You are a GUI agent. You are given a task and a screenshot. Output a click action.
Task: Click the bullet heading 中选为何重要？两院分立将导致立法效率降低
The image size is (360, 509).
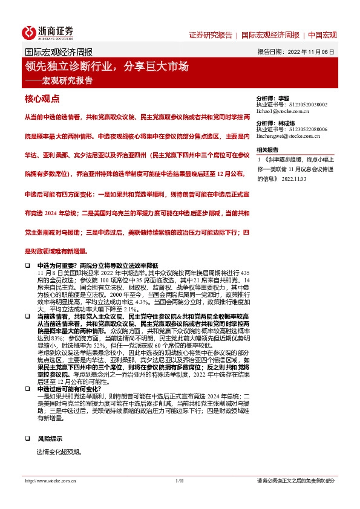tap(97, 265)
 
